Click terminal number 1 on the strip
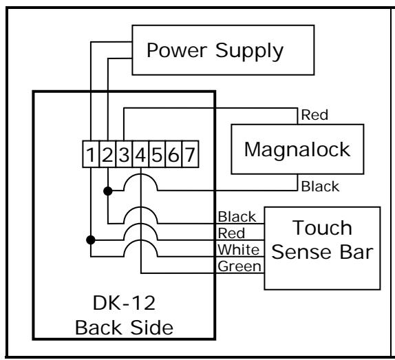(x=91, y=154)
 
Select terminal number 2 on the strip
(x=107, y=154)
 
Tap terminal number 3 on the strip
(x=124, y=154)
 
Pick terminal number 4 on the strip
(x=140, y=154)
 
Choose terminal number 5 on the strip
(x=157, y=154)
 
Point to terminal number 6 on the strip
(x=173, y=154)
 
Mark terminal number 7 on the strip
(x=190, y=154)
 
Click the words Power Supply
(x=215, y=51)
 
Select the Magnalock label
(x=297, y=149)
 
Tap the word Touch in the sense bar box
(x=322, y=228)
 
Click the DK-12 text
(x=124, y=303)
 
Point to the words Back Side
(x=124, y=328)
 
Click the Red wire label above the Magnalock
(x=314, y=115)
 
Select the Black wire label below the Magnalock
(x=320, y=187)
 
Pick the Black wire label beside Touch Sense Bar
(x=237, y=217)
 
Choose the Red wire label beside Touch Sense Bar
(x=231, y=233)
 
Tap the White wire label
(x=239, y=250)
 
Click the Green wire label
(x=239, y=266)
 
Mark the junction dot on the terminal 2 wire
(x=108, y=191)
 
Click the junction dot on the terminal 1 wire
(x=91, y=240)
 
